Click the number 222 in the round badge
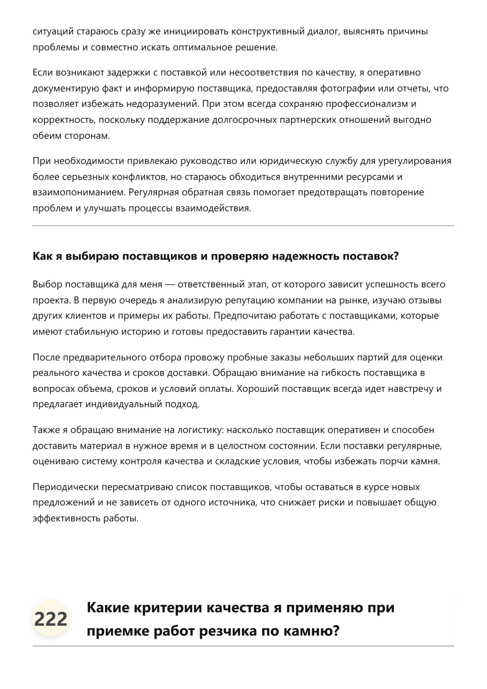pyautogui.click(x=51, y=619)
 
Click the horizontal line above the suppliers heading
pyautogui.click(x=243, y=226)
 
